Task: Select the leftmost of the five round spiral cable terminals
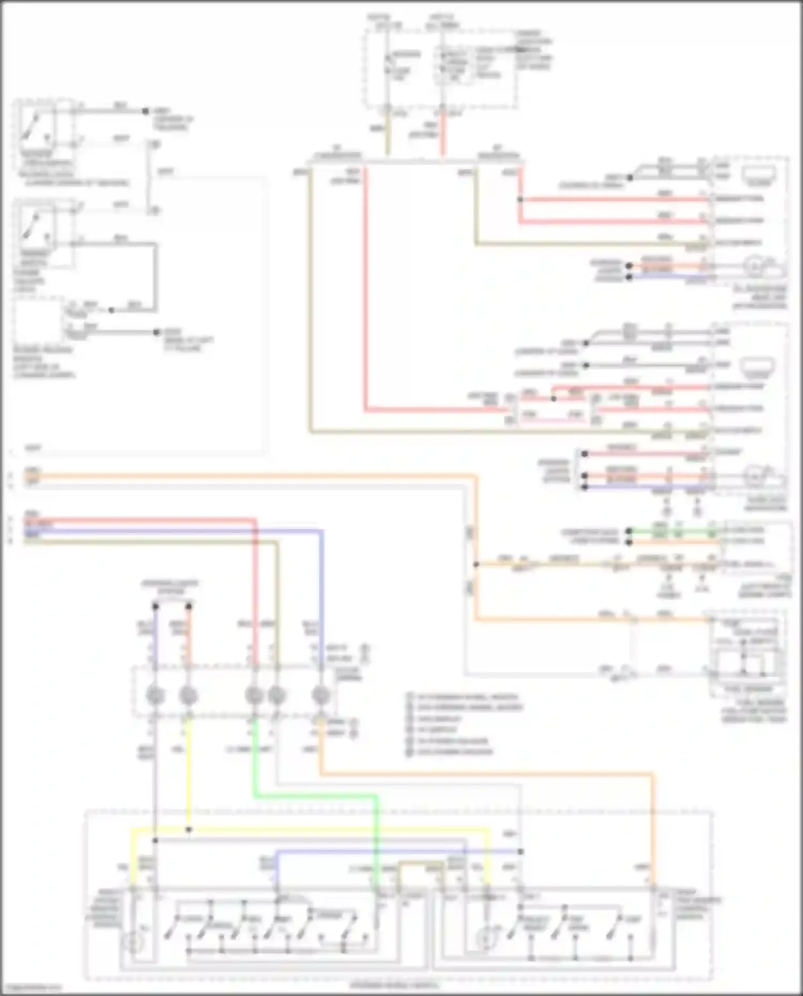click(155, 696)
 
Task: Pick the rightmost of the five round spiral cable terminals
click(321, 696)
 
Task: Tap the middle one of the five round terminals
click(254, 696)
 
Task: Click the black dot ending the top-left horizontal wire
click(145, 111)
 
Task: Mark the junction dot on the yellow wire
click(188, 830)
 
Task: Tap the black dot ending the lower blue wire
click(520, 851)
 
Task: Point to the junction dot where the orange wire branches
click(475, 564)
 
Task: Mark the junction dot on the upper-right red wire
click(520, 200)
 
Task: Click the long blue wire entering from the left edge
click(161, 531)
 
